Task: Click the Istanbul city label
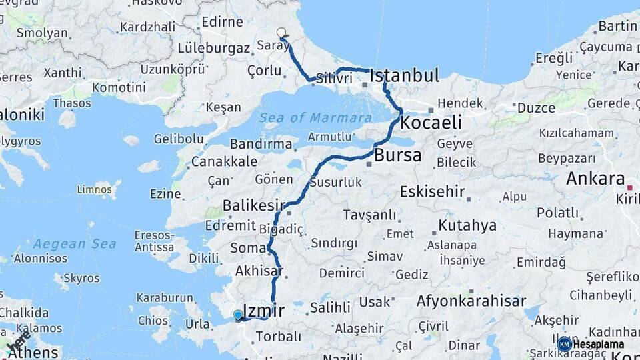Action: pyautogui.click(x=405, y=75)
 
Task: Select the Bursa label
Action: pyautogui.click(x=398, y=155)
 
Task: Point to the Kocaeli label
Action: pyautogui.click(x=431, y=123)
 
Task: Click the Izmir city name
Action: pyautogui.click(x=264, y=310)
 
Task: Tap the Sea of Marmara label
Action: pyautogui.click(x=316, y=118)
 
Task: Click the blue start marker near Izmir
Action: pyautogui.click(x=238, y=315)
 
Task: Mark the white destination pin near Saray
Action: pyautogui.click(x=281, y=33)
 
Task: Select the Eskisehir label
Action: pyautogui.click(x=432, y=191)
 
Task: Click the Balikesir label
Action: pyautogui.click(x=254, y=205)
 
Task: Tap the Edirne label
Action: pyautogui.click(x=222, y=22)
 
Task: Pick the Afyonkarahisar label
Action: pyautogui.click(x=471, y=301)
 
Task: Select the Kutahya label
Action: pyautogui.click(x=467, y=225)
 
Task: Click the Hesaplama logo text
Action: pyautogui.click(x=599, y=344)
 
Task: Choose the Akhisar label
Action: pyautogui.click(x=259, y=271)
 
